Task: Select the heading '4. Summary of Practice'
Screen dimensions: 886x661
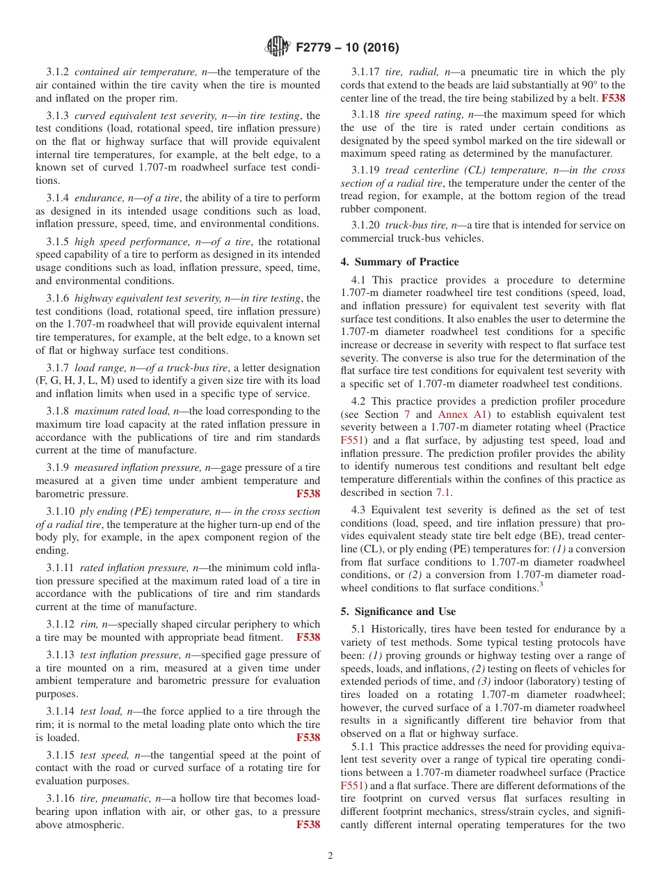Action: coord(399,262)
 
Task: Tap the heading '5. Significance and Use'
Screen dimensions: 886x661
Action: coord(398,612)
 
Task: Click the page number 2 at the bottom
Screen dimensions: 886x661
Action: coord(330,856)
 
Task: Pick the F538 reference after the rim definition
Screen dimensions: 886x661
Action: coord(308,637)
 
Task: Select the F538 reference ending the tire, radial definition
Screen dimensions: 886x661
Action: coord(613,98)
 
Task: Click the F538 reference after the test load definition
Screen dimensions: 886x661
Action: coord(308,738)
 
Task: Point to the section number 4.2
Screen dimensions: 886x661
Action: coord(360,401)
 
